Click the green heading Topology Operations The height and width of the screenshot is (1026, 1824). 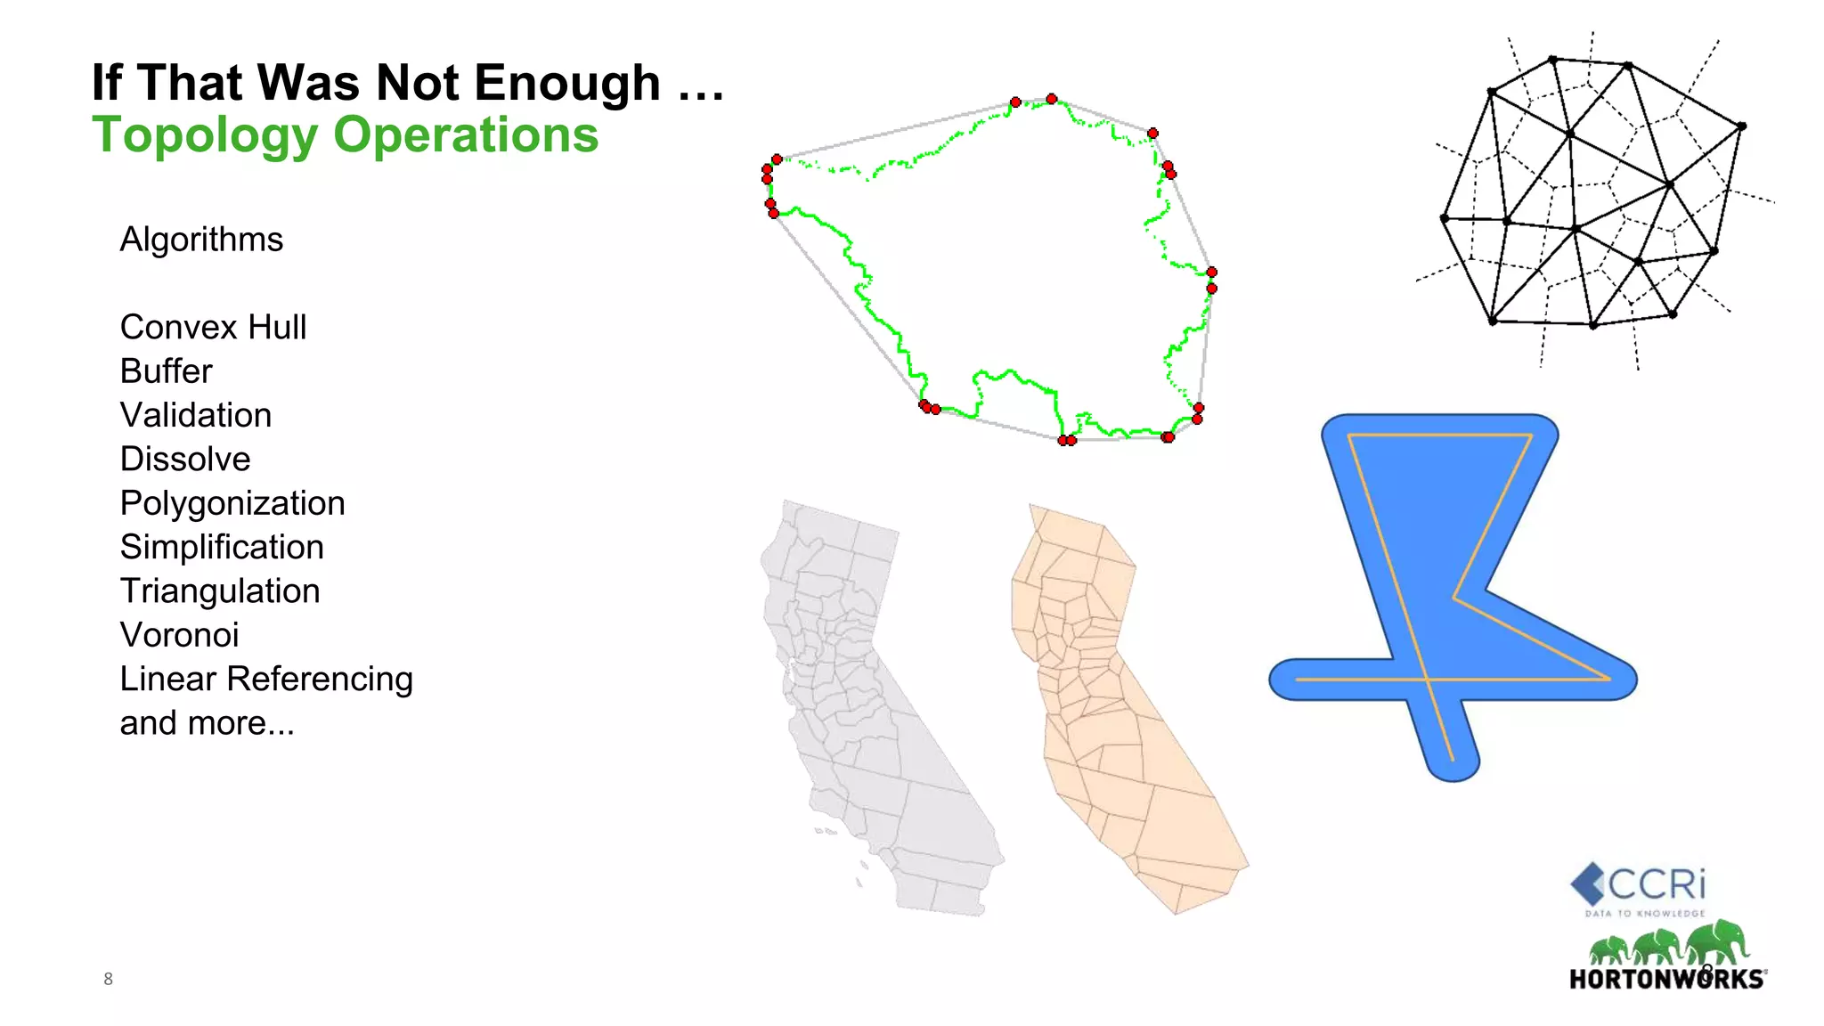click(346, 135)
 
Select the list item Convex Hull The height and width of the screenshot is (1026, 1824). click(213, 327)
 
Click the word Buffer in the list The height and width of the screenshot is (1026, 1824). click(167, 371)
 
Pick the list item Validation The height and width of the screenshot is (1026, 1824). click(196, 415)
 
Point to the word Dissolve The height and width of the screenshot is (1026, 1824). click(185, 459)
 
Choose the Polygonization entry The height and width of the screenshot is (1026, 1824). click(232, 503)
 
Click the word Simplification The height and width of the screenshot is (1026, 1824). click(222, 547)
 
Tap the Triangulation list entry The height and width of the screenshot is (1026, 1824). click(220, 590)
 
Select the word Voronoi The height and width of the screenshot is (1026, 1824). click(179, 635)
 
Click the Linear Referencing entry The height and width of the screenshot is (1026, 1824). click(266, 679)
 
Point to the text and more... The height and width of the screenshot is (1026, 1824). click(207, 723)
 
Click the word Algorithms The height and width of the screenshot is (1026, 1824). click(201, 240)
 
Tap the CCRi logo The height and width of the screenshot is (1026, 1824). click(1639, 885)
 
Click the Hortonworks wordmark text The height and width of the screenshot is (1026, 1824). click(1666, 980)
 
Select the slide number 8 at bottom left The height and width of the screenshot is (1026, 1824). click(108, 979)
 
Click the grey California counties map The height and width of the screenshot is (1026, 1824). click(873, 712)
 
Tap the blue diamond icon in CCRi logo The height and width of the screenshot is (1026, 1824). click(1587, 883)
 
